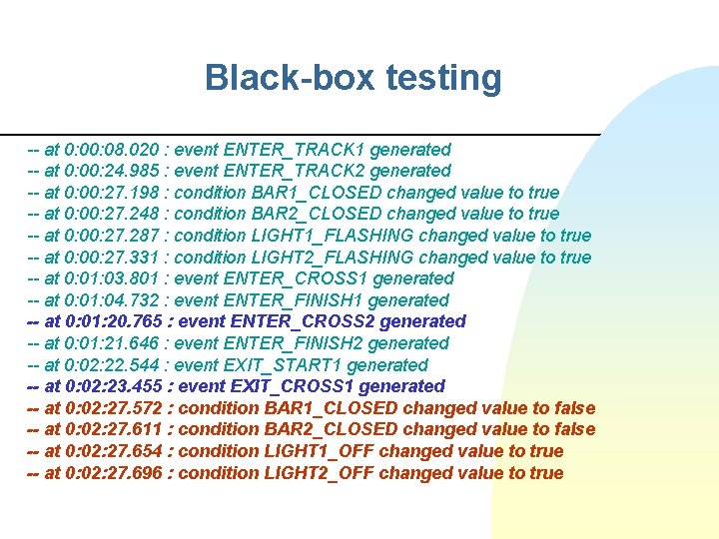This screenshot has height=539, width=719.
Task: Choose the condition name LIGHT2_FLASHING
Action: (339, 258)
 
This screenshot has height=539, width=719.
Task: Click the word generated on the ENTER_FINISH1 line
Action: (408, 300)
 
